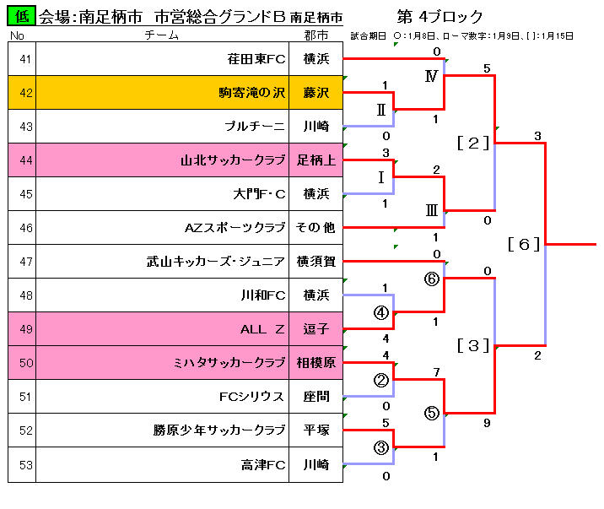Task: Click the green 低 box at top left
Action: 22,16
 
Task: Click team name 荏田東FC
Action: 256,59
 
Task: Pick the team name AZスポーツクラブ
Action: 235,228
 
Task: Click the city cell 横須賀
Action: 316,262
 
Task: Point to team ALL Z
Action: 262,329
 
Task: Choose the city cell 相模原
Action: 316,363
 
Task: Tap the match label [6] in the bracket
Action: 524,244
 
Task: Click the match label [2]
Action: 473,143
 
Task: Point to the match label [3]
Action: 473,345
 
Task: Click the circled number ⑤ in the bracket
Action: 432,413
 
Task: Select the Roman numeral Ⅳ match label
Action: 431,77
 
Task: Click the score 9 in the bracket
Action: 487,424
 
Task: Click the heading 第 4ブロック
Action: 440,17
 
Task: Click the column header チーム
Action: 161,35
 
